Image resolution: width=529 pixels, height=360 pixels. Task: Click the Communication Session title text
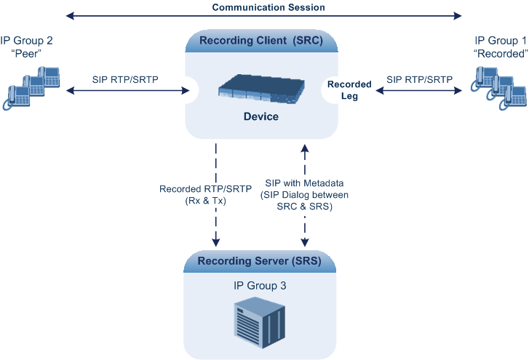pos(269,7)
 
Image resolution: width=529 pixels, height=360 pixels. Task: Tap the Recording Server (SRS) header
pos(261,260)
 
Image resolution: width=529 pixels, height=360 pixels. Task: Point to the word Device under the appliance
pos(261,116)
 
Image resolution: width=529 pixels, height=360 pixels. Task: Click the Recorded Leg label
pos(349,89)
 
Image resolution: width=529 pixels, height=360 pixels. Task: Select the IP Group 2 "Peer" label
pos(28,47)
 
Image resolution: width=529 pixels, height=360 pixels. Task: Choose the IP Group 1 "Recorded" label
pos(500,47)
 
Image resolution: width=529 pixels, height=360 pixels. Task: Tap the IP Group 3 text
pos(260,286)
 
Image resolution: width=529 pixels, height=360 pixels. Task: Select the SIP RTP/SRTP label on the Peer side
pos(125,79)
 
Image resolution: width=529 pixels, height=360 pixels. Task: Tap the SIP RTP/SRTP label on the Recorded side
pos(418,79)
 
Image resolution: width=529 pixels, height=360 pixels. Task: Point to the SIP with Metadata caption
pos(303,195)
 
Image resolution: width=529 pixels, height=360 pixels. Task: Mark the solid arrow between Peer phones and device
pos(125,91)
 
